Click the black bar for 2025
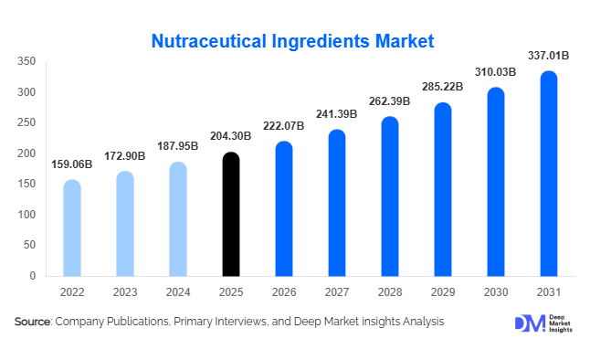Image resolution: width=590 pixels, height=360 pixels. tap(231, 215)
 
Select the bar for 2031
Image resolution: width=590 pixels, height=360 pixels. tap(549, 174)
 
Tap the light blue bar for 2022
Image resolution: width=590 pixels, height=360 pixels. tap(72, 228)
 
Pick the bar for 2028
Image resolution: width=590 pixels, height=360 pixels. tap(390, 196)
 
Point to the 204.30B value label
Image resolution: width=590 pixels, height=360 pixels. tap(231, 138)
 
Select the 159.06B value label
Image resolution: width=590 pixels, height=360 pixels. tap(72, 164)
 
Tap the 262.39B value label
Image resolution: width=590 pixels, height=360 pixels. tap(390, 101)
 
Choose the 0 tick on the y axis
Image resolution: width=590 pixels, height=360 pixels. tap(32, 275)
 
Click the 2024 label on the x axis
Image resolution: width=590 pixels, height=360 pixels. tap(178, 292)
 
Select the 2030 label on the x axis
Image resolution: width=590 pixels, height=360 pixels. tap(496, 292)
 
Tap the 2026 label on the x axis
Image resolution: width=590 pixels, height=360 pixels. tap(284, 292)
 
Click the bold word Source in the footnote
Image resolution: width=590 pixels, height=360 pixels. tap(33, 322)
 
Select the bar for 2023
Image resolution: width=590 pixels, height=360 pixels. tap(125, 223)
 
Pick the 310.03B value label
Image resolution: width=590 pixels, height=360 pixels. tap(496, 72)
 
